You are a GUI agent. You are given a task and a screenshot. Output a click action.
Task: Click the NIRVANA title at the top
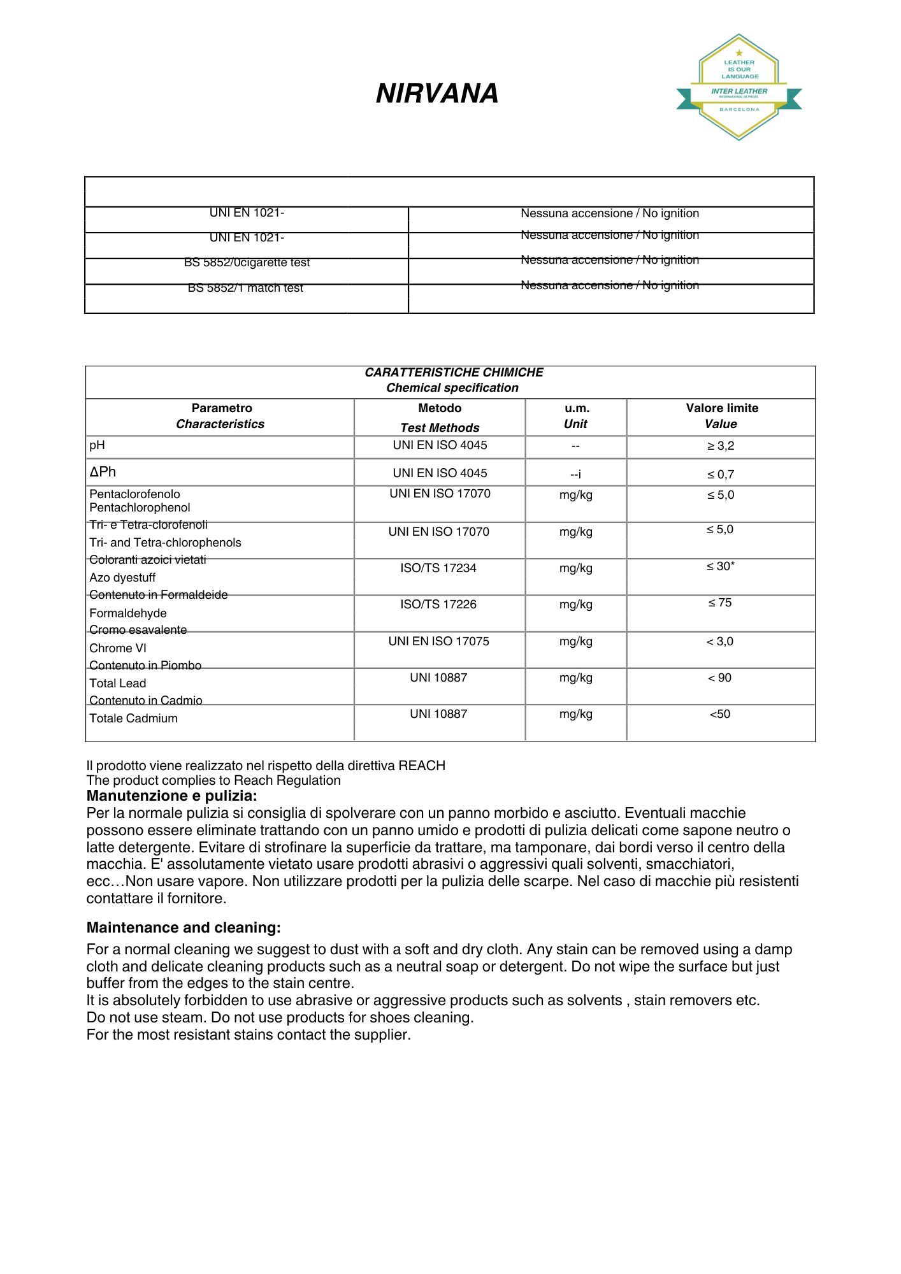437,94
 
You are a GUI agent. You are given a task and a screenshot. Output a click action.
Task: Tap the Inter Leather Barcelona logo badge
739,88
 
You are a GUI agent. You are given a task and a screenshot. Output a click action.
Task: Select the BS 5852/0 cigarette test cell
247,262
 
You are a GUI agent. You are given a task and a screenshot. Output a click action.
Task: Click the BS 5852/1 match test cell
245,288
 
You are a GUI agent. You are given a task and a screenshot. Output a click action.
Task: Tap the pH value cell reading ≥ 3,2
720,446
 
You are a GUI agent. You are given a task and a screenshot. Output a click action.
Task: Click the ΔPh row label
103,472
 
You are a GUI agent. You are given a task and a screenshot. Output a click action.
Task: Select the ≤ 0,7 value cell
720,475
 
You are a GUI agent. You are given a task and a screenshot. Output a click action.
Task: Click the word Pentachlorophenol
140,508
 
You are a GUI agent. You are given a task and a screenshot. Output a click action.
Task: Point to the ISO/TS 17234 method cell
438,568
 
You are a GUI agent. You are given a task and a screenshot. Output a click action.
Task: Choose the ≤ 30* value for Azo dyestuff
720,566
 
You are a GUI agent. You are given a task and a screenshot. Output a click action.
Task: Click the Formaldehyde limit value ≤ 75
720,603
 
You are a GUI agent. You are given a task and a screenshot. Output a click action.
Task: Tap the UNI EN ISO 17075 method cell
438,641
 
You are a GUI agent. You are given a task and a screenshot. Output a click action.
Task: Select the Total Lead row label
118,684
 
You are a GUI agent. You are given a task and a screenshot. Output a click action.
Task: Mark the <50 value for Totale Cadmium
720,714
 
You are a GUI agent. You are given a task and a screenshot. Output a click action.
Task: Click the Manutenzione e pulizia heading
172,796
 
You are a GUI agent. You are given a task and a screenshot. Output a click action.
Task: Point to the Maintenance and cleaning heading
184,927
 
